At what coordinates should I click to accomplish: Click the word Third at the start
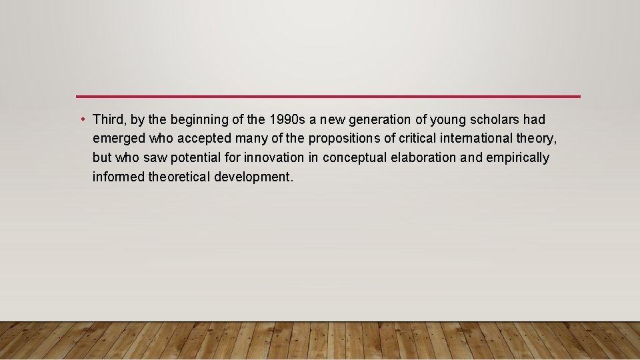tap(109, 120)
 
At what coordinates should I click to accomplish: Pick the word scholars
tap(494, 120)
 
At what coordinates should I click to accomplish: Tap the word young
tap(448, 120)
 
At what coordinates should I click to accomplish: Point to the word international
tap(482, 139)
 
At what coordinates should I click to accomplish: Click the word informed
tap(117, 177)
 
